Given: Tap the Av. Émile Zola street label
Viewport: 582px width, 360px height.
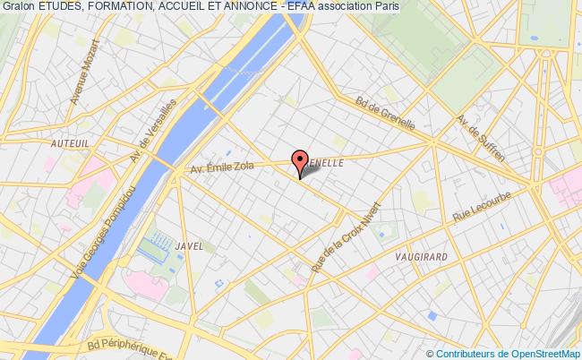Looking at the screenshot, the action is tap(223, 167).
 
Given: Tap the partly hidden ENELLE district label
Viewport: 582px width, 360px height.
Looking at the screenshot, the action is tap(324, 165).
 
